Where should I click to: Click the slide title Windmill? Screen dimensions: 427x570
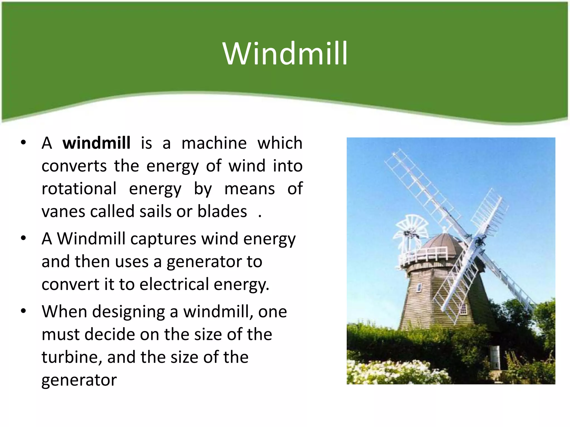[285, 53]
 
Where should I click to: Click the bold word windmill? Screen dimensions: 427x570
[96, 143]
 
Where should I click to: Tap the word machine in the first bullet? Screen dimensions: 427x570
[214, 143]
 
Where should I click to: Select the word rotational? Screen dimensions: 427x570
[79, 188]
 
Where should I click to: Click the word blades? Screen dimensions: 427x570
[222, 211]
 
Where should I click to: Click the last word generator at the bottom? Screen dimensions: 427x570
[79, 380]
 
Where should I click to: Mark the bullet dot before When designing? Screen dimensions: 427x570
[23, 311]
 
